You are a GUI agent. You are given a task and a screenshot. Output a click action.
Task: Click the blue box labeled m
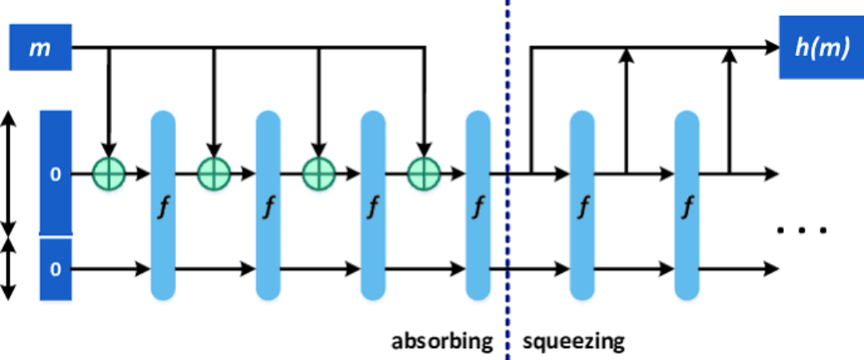coord(38,48)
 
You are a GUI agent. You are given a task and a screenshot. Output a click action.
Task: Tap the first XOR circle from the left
coord(109,173)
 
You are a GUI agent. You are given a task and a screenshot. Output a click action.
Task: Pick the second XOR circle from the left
coord(214,173)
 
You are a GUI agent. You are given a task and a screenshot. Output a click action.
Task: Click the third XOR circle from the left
coord(318,173)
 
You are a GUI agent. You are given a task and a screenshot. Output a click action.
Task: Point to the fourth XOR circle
coord(423,173)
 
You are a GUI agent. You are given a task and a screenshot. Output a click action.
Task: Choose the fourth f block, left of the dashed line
coord(478,206)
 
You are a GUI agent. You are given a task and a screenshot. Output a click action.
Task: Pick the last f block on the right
coord(686,206)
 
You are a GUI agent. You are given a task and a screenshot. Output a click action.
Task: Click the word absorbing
coord(442,342)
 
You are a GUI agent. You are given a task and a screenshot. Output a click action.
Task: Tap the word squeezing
coord(574,342)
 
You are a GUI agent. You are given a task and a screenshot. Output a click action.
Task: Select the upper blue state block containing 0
coord(55,173)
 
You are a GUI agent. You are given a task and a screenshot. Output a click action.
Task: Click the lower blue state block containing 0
coord(55,269)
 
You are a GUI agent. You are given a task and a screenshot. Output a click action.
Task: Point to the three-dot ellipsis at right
coord(801,230)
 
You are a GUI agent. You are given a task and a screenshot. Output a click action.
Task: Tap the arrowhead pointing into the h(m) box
coord(772,48)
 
